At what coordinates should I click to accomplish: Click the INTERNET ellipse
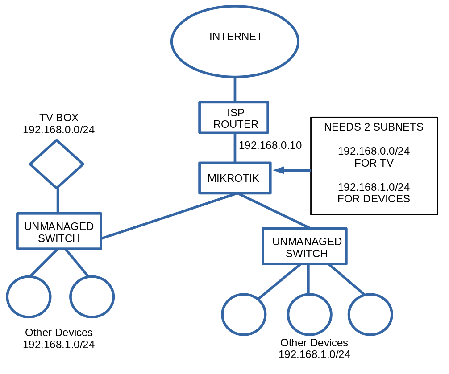(235, 41)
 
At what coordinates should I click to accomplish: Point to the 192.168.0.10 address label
(270, 145)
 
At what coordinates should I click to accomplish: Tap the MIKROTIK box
(235, 178)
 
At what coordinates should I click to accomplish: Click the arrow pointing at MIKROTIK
(292, 170)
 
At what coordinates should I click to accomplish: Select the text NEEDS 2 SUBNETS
(373, 127)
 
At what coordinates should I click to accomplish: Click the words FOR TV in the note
(374, 163)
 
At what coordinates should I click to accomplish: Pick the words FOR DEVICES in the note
(374, 199)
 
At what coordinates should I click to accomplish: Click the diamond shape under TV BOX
(57, 164)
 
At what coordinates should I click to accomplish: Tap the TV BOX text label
(58, 118)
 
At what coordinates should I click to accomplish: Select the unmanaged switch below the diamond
(59, 231)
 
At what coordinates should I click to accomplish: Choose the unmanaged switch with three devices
(304, 246)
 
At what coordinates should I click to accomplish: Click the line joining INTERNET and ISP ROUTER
(235, 89)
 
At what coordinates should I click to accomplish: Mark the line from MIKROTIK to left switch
(170, 216)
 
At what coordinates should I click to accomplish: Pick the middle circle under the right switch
(309, 314)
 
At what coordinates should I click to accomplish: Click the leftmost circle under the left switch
(29, 296)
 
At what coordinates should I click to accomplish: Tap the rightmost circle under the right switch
(370, 314)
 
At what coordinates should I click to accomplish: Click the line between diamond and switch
(58, 200)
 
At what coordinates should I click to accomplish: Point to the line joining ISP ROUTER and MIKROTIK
(235, 148)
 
